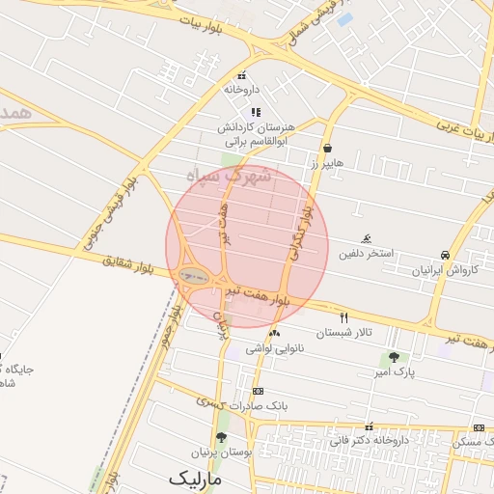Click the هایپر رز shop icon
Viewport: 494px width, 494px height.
tap(330, 149)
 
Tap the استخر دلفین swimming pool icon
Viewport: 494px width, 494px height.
tap(367, 238)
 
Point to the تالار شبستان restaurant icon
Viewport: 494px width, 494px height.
tap(343, 317)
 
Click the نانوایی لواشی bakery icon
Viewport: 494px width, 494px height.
tap(275, 333)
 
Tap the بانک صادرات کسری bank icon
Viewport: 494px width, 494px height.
tap(258, 391)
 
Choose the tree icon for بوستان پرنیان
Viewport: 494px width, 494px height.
tap(221, 437)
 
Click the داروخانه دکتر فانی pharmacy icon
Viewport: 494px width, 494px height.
tap(369, 426)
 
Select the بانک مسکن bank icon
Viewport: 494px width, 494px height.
tap(479, 427)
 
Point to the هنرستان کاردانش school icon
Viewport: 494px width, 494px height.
tap(255, 112)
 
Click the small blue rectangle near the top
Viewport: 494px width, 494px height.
tap(344, 19)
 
